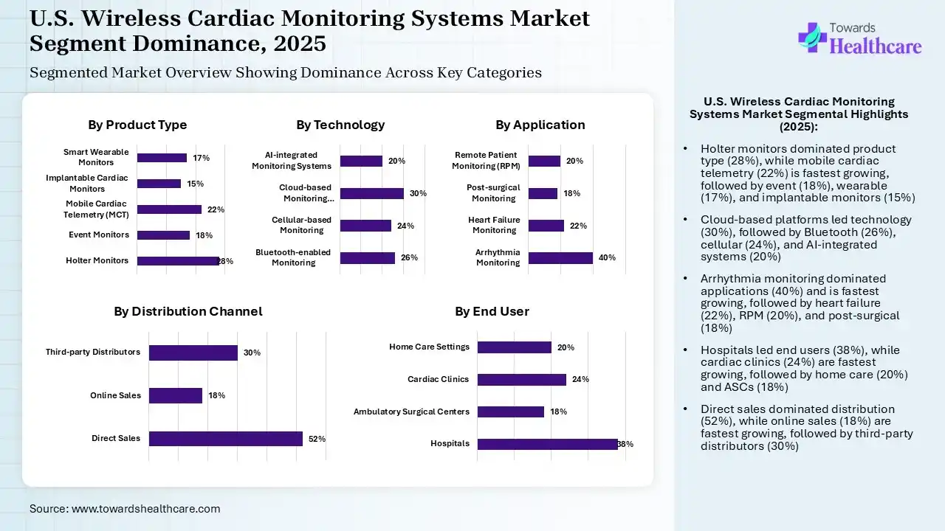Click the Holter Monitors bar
tap(178, 260)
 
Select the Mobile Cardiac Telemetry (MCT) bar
tap(169, 209)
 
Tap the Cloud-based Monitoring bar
tap(371, 193)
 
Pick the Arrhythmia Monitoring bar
tap(560, 257)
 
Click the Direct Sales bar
tap(225, 438)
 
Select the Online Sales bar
tap(175, 395)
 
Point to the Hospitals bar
tap(547, 443)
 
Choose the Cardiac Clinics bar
tap(521, 379)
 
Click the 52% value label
tap(317, 439)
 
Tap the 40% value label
tap(607, 257)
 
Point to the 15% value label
tap(195, 184)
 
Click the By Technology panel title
tap(340, 125)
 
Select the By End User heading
tap(492, 311)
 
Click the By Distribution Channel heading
tap(188, 311)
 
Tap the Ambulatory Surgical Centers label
tap(411, 412)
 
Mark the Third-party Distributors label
tap(93, 352)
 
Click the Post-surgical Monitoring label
tap(494, 193)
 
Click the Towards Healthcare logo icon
tap(812, 37)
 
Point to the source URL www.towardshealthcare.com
tap(146, 508)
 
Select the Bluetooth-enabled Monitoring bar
tap(367, 257)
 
